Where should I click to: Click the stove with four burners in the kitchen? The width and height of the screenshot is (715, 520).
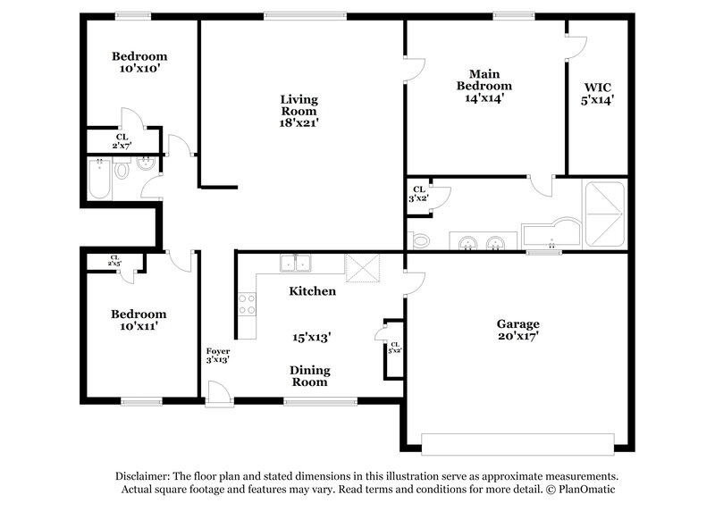pos(246,304)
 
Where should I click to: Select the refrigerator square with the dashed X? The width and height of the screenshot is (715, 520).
pos(363,267)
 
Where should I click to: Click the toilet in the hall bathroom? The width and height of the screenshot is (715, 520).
pos(122,168)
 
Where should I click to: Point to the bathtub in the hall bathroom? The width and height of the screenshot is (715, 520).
pos(98,179)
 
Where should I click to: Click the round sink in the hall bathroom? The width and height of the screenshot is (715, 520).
pos(147,164)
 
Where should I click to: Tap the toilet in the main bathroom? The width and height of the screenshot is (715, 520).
pos(418,239)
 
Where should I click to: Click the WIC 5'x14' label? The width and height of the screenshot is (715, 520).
pos(598,94)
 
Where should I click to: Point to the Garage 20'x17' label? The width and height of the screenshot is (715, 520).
pos(518,330)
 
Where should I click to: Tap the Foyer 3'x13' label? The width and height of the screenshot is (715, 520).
pos(217,355)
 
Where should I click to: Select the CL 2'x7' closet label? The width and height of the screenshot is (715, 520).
pos(122,141)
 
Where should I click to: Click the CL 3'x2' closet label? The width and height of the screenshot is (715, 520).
pos(417,193)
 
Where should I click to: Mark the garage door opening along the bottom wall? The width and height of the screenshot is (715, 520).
pos(517,444)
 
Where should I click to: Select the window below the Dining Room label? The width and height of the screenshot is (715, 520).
pos(308,401)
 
